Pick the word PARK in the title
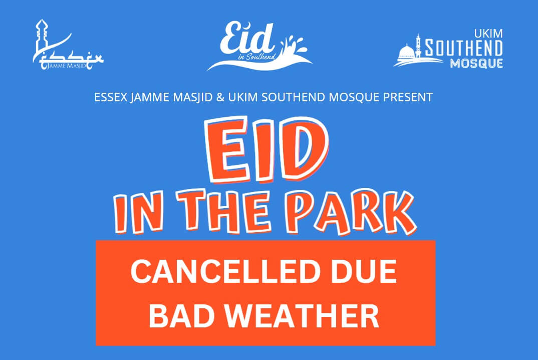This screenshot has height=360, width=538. tap(351, 211)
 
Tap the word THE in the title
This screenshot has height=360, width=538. tap(223, 210)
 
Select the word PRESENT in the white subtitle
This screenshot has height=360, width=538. tap(408, 97)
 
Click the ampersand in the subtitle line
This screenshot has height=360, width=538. tap(220, 97)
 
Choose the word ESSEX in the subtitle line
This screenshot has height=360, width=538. tap(111, 97)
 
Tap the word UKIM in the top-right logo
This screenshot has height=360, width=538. tap(488, 34)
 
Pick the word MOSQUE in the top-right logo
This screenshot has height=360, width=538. tap(476, 64)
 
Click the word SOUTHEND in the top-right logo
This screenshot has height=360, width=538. tap(464, 48)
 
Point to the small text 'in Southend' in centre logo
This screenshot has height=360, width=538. tap(256, 57)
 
